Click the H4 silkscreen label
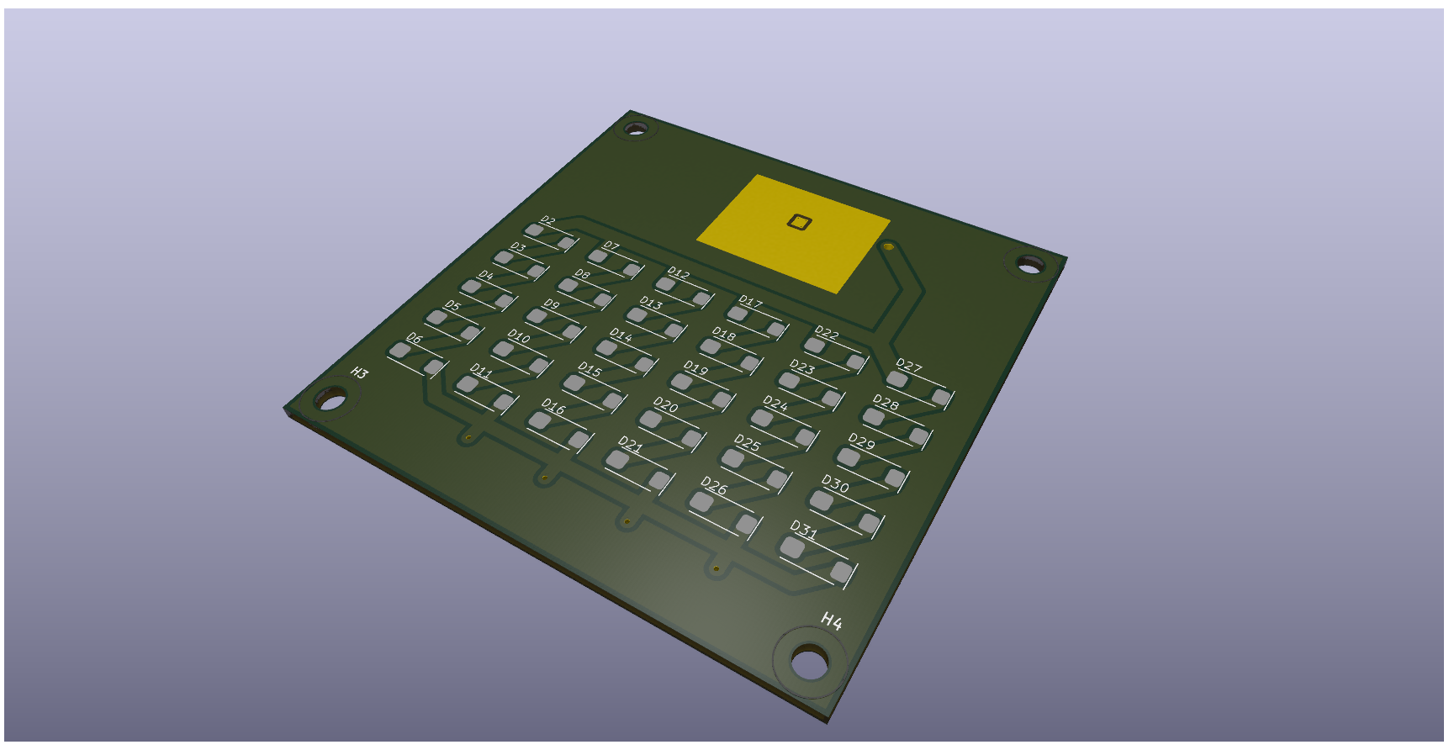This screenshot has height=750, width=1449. tap(831, 621)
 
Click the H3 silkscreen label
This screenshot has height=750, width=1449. tap(360, 372)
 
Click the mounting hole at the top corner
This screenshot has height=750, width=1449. tap(635, 129)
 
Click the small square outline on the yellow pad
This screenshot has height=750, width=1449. tap(799, 222)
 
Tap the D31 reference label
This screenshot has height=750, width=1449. tap(804, 531)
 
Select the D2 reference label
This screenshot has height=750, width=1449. tap(548, 221)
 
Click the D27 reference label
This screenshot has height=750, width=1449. tap(909, 366)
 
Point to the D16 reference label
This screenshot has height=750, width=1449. tap(553, 406)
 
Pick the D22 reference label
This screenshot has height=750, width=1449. tap(827, 333)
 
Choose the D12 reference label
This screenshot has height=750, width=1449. tap(679, 273)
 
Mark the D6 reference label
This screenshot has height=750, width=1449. tap(415, 338)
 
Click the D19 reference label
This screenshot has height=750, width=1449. tap(696, 367)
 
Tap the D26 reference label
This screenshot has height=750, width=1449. tap(714, 486)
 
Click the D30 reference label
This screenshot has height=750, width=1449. tap(835, 483)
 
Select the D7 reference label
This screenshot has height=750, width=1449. tap(611, 246)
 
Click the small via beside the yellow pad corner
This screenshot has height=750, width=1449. tap(888, 247)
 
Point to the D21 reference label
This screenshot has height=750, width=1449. tap(631, 444)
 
